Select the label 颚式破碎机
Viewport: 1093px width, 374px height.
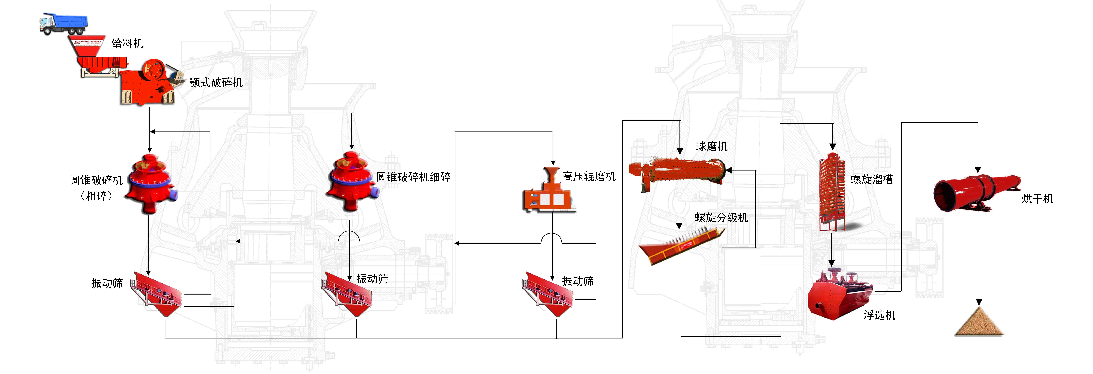click(x=216, y=82)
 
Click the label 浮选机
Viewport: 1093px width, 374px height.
click(x=880, y=315)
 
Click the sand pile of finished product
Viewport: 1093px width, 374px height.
click(x=979, y=323)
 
